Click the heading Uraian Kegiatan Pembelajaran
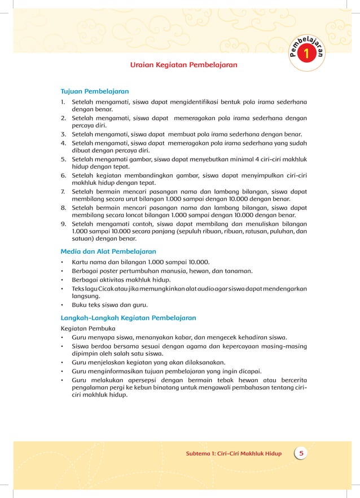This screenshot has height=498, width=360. tap(183, 65)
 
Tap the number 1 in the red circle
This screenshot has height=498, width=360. tap(306, 55)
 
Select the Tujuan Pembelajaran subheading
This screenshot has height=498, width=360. tap(95, 91)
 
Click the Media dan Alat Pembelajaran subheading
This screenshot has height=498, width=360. tap(108, 251)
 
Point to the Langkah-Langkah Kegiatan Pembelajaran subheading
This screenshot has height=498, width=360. tap(128, 318)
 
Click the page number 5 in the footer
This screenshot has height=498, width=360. tap(301, 453)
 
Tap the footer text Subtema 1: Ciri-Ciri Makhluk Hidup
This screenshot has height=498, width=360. tap(234, 453)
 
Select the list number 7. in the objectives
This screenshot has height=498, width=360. tap(64, 191)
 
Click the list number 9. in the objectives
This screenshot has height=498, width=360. tap(64, 223)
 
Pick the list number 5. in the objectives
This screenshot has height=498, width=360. tap(64, 159)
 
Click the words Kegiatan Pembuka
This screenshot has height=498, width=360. tap(87, 328)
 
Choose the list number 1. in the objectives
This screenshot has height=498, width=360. tap(64, 102)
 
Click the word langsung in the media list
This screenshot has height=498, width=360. tap(85, 296)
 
